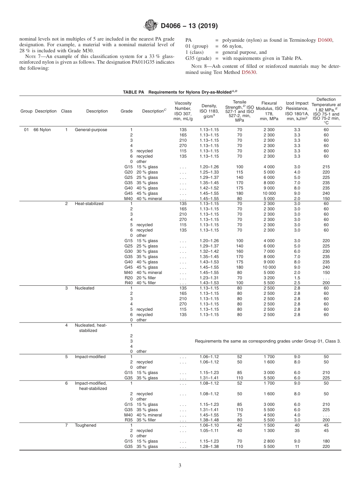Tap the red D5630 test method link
[249, 72]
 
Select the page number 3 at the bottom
[180, 465]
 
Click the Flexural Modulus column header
[269, 111]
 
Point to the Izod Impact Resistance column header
[297, 111]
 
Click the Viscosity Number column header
[183, 111]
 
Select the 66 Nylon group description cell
[42, 130]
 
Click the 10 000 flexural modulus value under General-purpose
[269, 193]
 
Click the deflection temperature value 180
[326, 441]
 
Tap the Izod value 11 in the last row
[297, 446]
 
